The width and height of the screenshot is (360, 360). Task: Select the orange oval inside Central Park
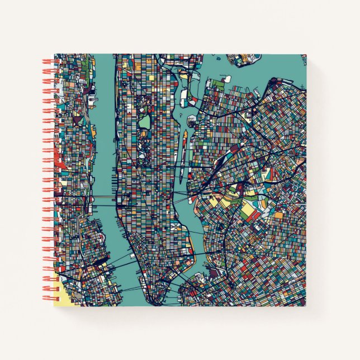[143, 134]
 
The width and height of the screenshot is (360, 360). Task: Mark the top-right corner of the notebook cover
[306, 54]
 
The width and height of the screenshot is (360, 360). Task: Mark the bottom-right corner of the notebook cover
[306, 306]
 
